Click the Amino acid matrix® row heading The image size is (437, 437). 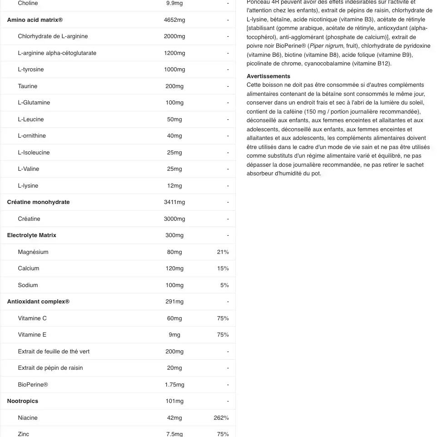tap(35, 20)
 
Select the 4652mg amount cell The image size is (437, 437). tap(174, 20)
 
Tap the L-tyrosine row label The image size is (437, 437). tap(31, 70)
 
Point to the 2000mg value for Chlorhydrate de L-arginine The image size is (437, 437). tap(174, 36)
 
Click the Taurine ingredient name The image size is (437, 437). tap(28, 86)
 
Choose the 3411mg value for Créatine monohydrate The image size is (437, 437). tap(174, 202)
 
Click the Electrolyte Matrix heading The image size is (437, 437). tap(32, 235)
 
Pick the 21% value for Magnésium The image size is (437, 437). tap(223, 252)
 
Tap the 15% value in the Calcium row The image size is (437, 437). tap(223, 268)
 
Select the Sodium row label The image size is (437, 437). tap(28, 285)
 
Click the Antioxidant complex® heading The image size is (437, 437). tap(39, 302)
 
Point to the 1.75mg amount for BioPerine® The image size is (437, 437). tap(174, 385)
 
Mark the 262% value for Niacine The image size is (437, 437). tap(221, 418)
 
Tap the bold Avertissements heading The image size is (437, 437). tap(268, 76)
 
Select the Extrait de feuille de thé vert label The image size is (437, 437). tap(54, 352)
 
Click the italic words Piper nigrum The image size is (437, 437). tap(326, 46)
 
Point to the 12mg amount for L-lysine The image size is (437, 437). tap(174, 186)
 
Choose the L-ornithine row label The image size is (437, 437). tap(32, 136)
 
